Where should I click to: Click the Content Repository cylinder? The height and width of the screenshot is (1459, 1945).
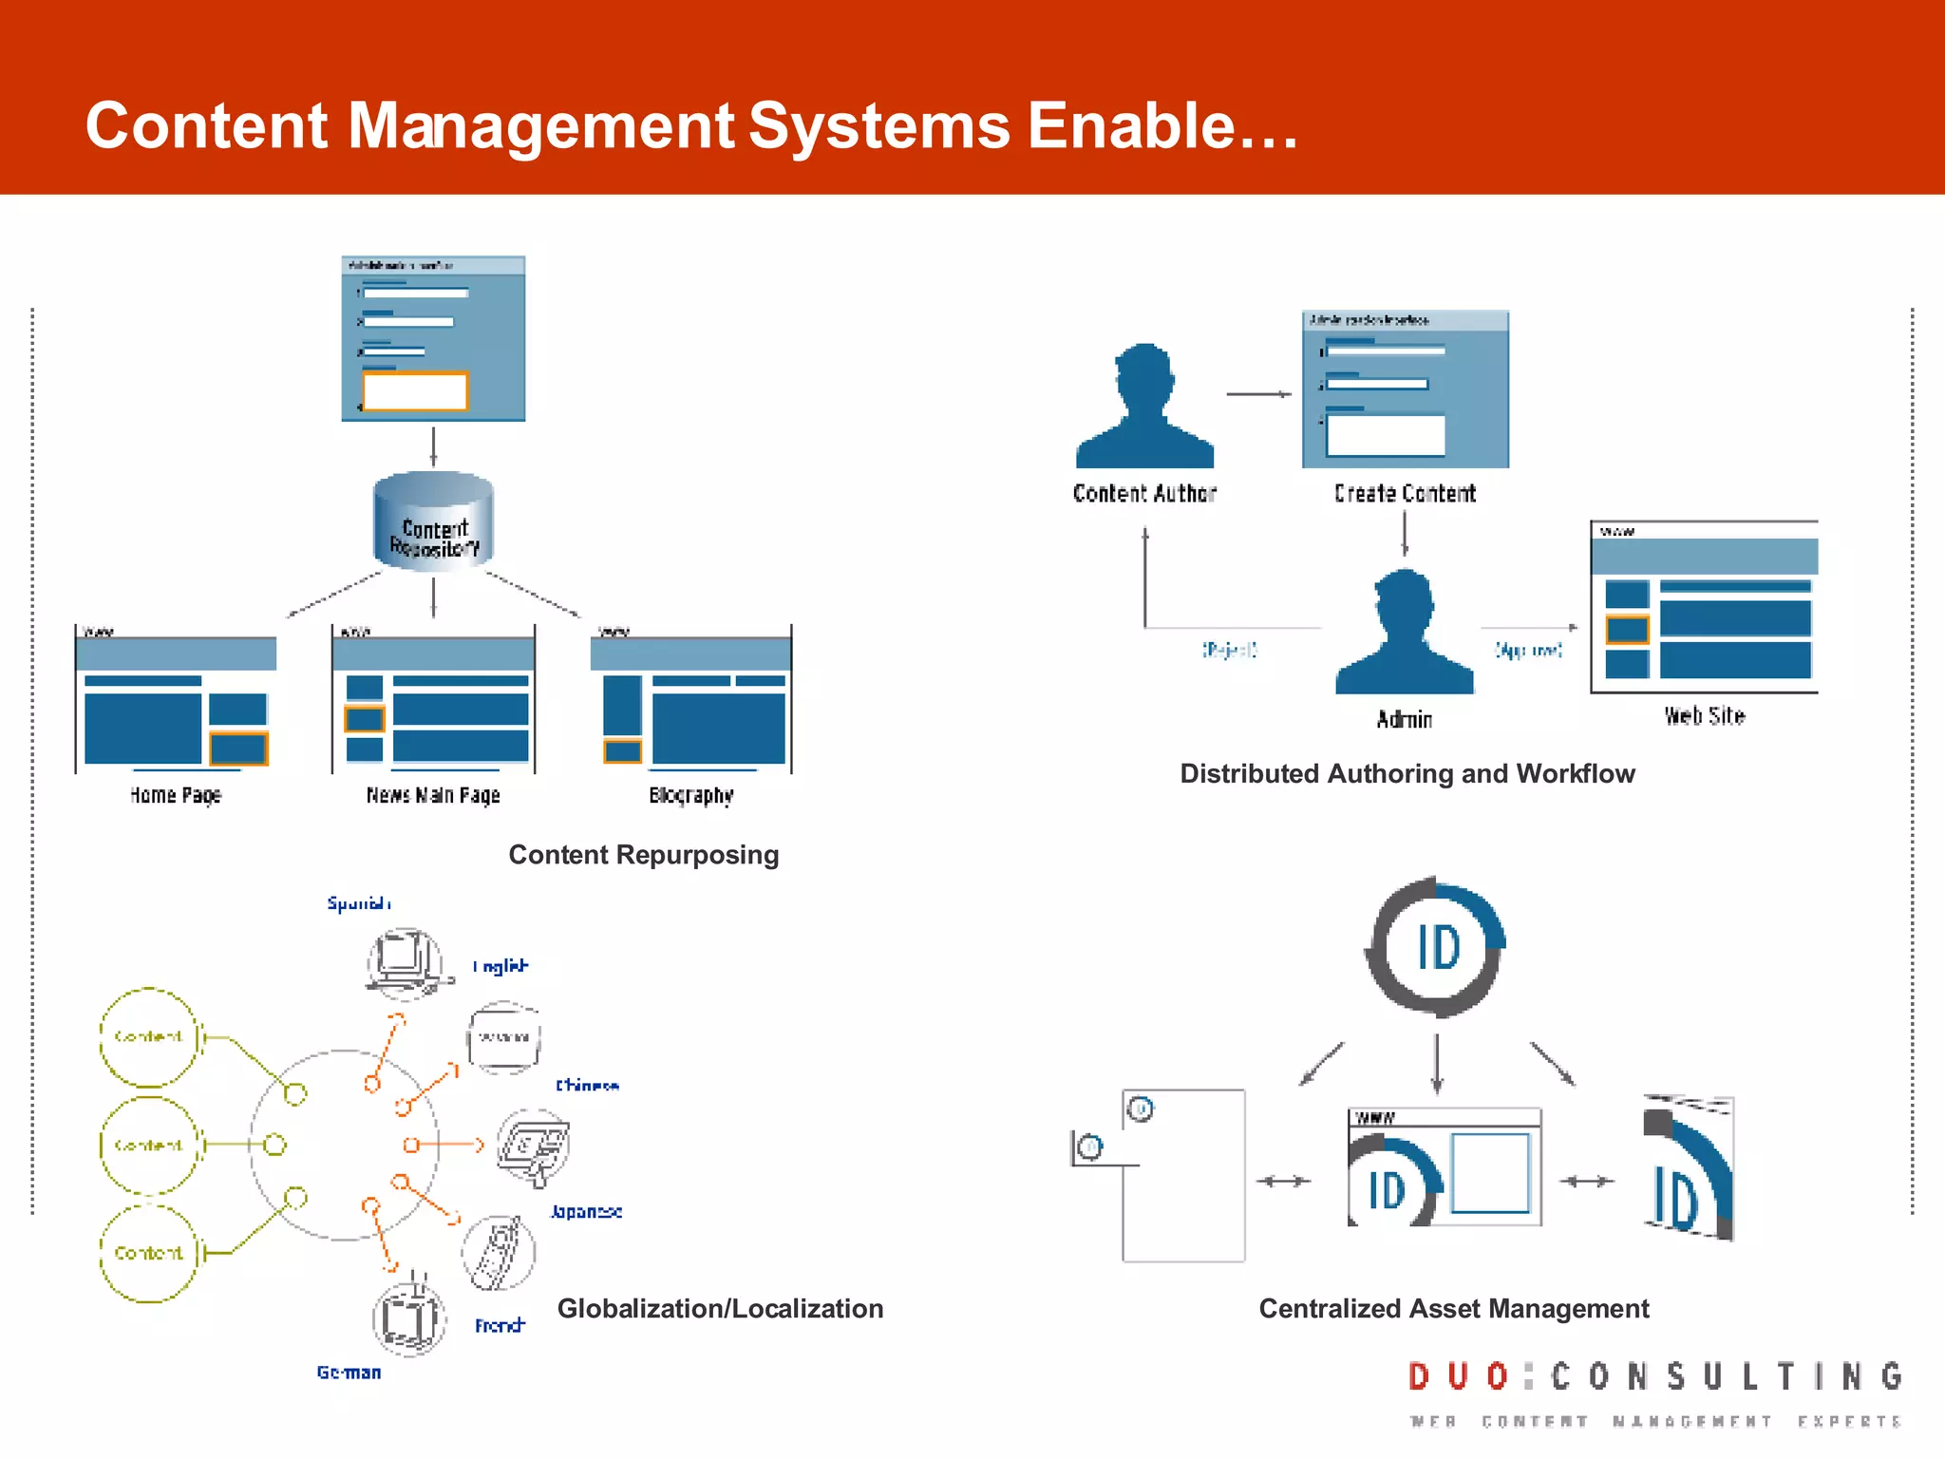[x=434, y=521]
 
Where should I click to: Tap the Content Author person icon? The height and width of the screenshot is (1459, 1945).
[x=1144, y=408]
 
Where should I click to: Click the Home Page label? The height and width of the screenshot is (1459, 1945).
[x=176, y=795]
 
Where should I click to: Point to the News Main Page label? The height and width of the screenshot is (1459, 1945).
[x=433, y=795]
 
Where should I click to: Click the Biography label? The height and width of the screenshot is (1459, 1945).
[x=691, y=795]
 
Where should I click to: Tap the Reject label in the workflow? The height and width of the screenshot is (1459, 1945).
[x=1230, y=650]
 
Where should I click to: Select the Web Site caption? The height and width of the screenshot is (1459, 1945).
[x=1705, y=716]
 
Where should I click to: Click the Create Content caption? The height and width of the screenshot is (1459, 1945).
[x=1405, y=493]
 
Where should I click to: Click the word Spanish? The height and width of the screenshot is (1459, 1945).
[x=358, y=902]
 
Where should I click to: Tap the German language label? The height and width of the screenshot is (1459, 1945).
[x=349, y=1373]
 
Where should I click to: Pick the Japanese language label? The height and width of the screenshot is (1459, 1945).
[x=586, y=1211]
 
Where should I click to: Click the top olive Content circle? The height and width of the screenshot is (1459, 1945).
[x=148, y=1036]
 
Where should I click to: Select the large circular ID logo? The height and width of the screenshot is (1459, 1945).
[x=1437, y=947]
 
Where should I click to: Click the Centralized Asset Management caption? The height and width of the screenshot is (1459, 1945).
[x=1453, y=1308]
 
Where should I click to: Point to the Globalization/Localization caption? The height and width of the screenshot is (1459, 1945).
[x=720, y=1308]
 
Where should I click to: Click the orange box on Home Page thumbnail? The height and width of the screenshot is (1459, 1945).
[x=238, y=748]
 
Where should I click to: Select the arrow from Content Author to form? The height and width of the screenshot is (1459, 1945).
[x=1258, y=393]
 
